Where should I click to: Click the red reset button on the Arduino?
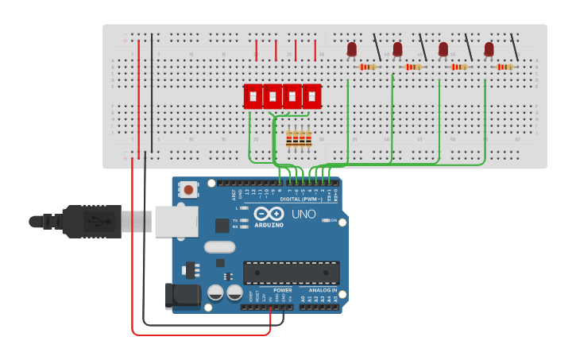(188, 190)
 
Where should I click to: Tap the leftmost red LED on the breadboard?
(352, 50)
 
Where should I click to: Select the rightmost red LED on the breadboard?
(489, 50)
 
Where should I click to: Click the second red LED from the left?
(397, 50)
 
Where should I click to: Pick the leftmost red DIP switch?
(253, 96)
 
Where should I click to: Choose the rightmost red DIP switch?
(312, 96)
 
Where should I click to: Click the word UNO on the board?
(303, 214)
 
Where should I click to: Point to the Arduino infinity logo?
(269, 213)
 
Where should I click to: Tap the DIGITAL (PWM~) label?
(301, 199)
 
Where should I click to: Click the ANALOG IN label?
(322, 290)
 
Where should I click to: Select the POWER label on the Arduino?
(282, 290)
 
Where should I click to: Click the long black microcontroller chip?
(291, 273)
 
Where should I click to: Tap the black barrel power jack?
(181, 296)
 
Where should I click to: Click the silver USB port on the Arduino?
(176, 222)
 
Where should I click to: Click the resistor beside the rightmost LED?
(504, 67)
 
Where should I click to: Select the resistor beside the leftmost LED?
(367, 67)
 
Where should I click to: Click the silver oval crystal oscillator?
(219, 247)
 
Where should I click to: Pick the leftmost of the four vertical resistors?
(289, 139)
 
